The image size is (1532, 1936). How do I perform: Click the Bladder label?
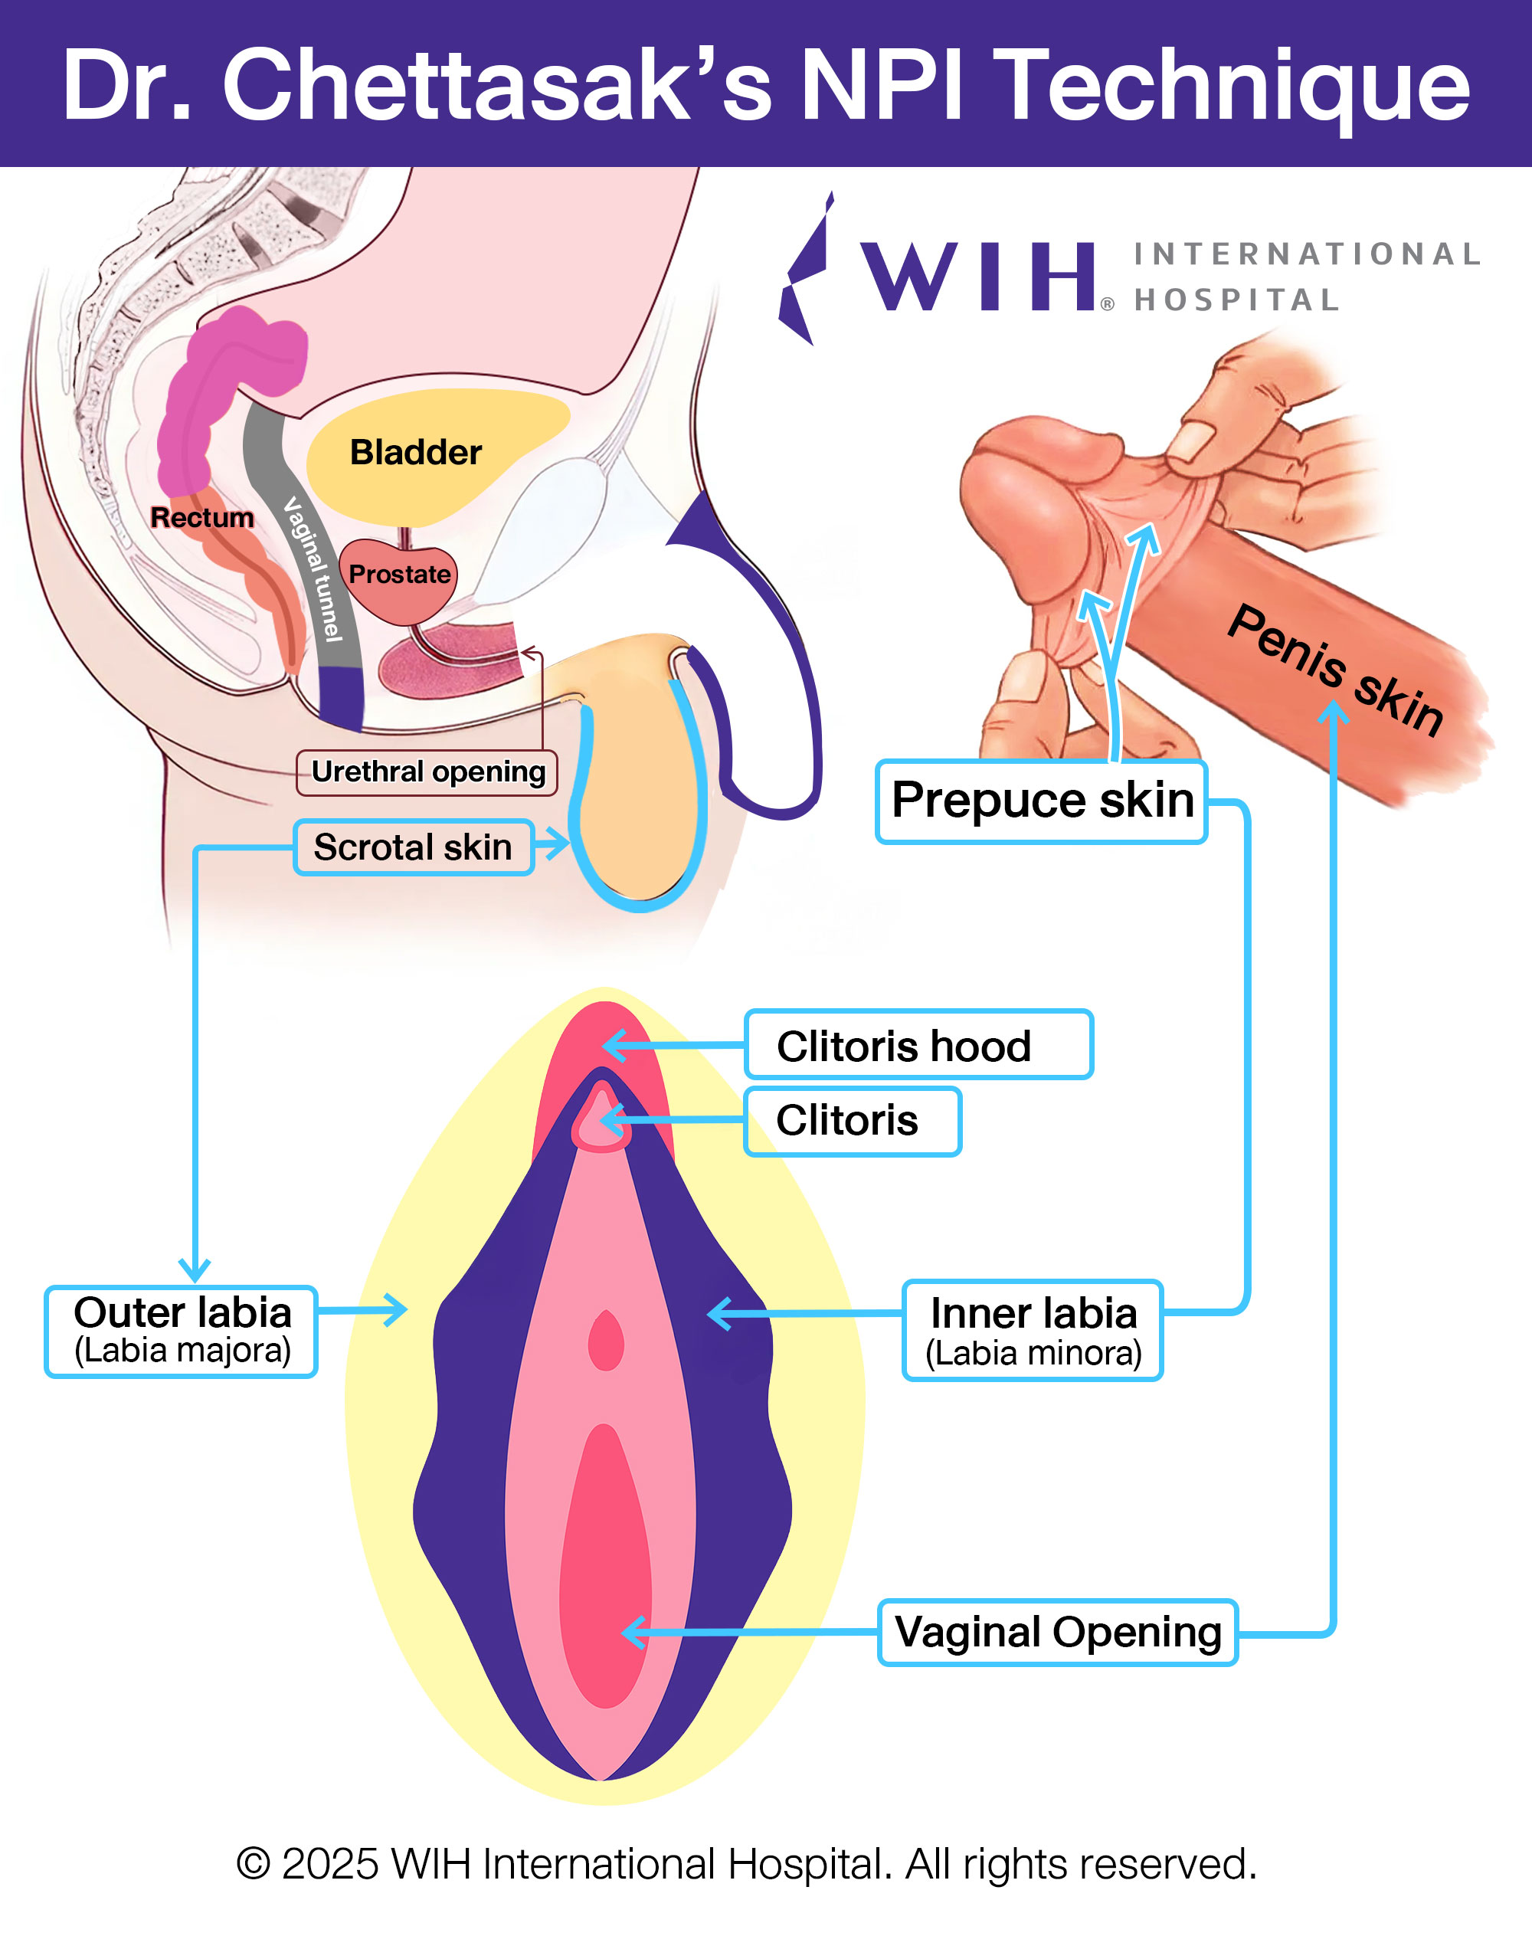tap(415, 452)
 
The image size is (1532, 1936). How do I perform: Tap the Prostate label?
tap(399, 574)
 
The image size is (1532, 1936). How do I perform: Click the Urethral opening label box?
tap(427, 772)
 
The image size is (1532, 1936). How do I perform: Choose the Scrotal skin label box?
tap(414, 847)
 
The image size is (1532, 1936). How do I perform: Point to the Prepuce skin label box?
tap(1041, 801)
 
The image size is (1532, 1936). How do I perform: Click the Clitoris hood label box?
tap(918, 1045)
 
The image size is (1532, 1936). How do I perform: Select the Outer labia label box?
tap(182, 1332)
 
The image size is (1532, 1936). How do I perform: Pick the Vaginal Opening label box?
tap(1058, 1632)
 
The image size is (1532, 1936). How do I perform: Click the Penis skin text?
tap(1334, 670)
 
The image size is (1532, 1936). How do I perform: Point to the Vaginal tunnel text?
tap(314, 571)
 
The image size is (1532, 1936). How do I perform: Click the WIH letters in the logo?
tap(977, 277)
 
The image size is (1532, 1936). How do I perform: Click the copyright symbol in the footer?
tap(253, 1863)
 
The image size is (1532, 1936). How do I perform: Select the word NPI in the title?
tap(881, 85)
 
